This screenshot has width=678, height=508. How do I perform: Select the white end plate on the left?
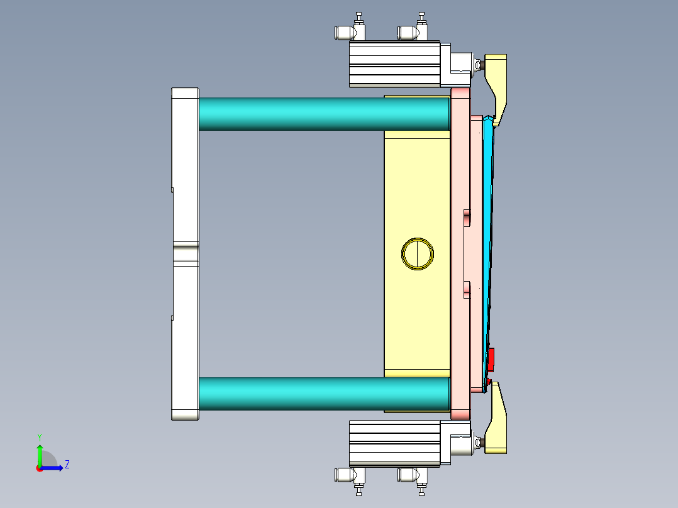coord(185,157)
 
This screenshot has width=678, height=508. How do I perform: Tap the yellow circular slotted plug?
coord(418,254)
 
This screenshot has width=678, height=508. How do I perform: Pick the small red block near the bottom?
coord(492,359)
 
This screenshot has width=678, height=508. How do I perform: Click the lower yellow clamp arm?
coord(498,421)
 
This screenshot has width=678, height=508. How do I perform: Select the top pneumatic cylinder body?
coord(393,63)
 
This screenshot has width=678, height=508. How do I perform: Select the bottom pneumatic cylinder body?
coord(393,443)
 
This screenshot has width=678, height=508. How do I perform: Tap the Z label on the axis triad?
coord(67,465)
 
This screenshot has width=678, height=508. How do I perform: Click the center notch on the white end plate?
coord(185,253)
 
